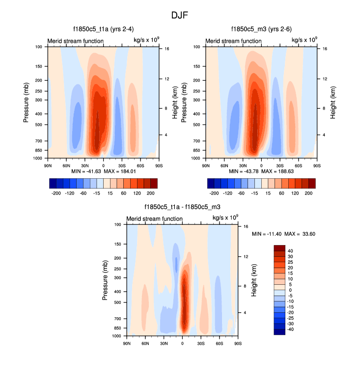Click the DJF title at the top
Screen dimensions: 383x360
(180, 15)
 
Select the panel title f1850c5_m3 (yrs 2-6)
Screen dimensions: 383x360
(261, 29)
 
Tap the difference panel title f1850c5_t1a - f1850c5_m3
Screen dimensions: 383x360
(182, 207)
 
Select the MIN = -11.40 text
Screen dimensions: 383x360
(266, 234)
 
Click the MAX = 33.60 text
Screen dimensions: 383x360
(301, 234)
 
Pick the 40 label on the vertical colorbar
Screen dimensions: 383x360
(290, 250)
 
